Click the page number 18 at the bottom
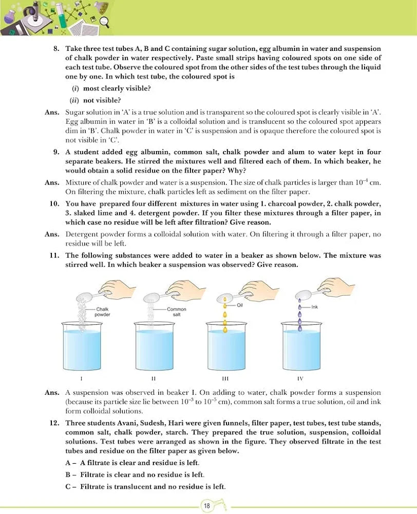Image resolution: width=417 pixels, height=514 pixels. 206,506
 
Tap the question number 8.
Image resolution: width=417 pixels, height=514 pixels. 57,48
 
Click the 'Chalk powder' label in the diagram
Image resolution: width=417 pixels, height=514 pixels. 103,311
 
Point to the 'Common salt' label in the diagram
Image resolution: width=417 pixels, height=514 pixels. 176,311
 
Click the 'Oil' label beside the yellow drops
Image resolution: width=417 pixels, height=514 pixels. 239,305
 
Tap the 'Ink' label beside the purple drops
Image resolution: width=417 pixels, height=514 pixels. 315,307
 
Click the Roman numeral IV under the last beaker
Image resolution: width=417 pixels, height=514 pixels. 300,378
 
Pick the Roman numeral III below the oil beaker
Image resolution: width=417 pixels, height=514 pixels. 227,378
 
